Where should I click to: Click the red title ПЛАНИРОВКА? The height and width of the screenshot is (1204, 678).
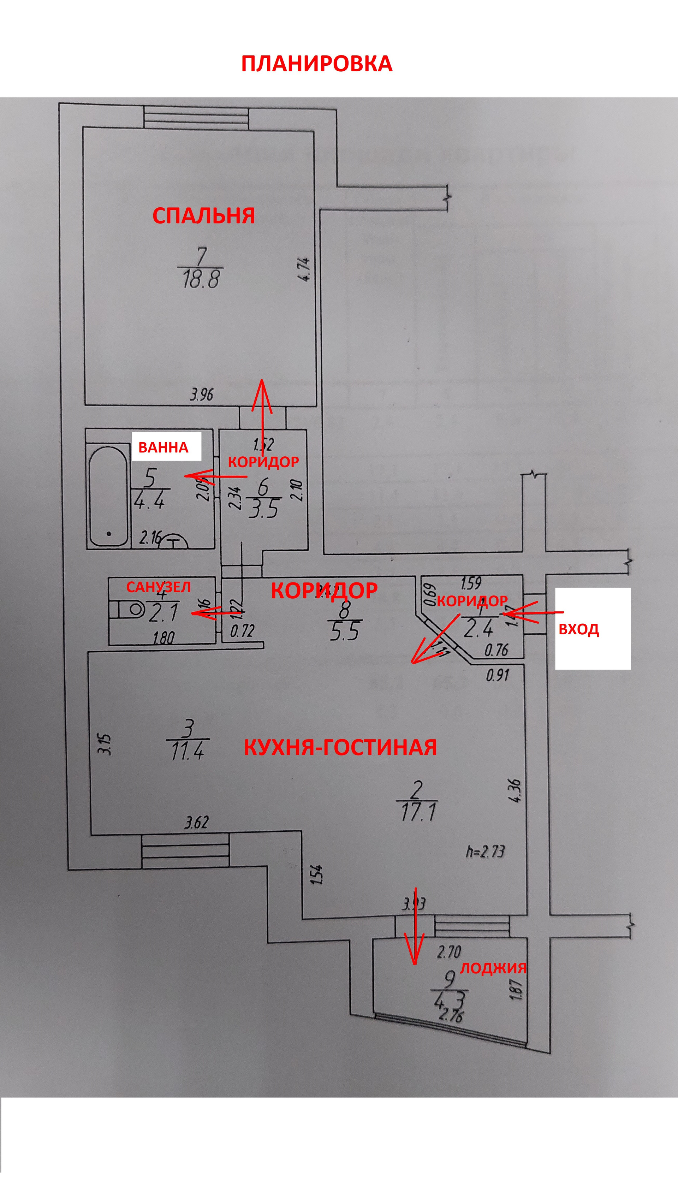click(316, 64)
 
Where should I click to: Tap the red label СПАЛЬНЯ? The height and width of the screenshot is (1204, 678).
click(203, 216)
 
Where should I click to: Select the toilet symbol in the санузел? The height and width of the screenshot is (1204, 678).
click(128, 609)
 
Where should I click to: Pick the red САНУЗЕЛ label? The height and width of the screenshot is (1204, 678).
click(159, 587)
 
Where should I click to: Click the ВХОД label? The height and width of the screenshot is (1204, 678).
click(578, 630)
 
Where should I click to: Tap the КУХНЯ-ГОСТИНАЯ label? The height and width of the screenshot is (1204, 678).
click(340, 747)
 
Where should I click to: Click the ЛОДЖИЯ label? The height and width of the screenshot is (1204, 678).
click(493, 967)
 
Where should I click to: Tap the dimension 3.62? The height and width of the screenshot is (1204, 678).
click(196, 822)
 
